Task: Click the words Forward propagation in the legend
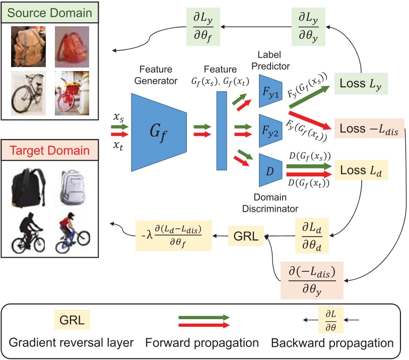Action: (x=201, y=343)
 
